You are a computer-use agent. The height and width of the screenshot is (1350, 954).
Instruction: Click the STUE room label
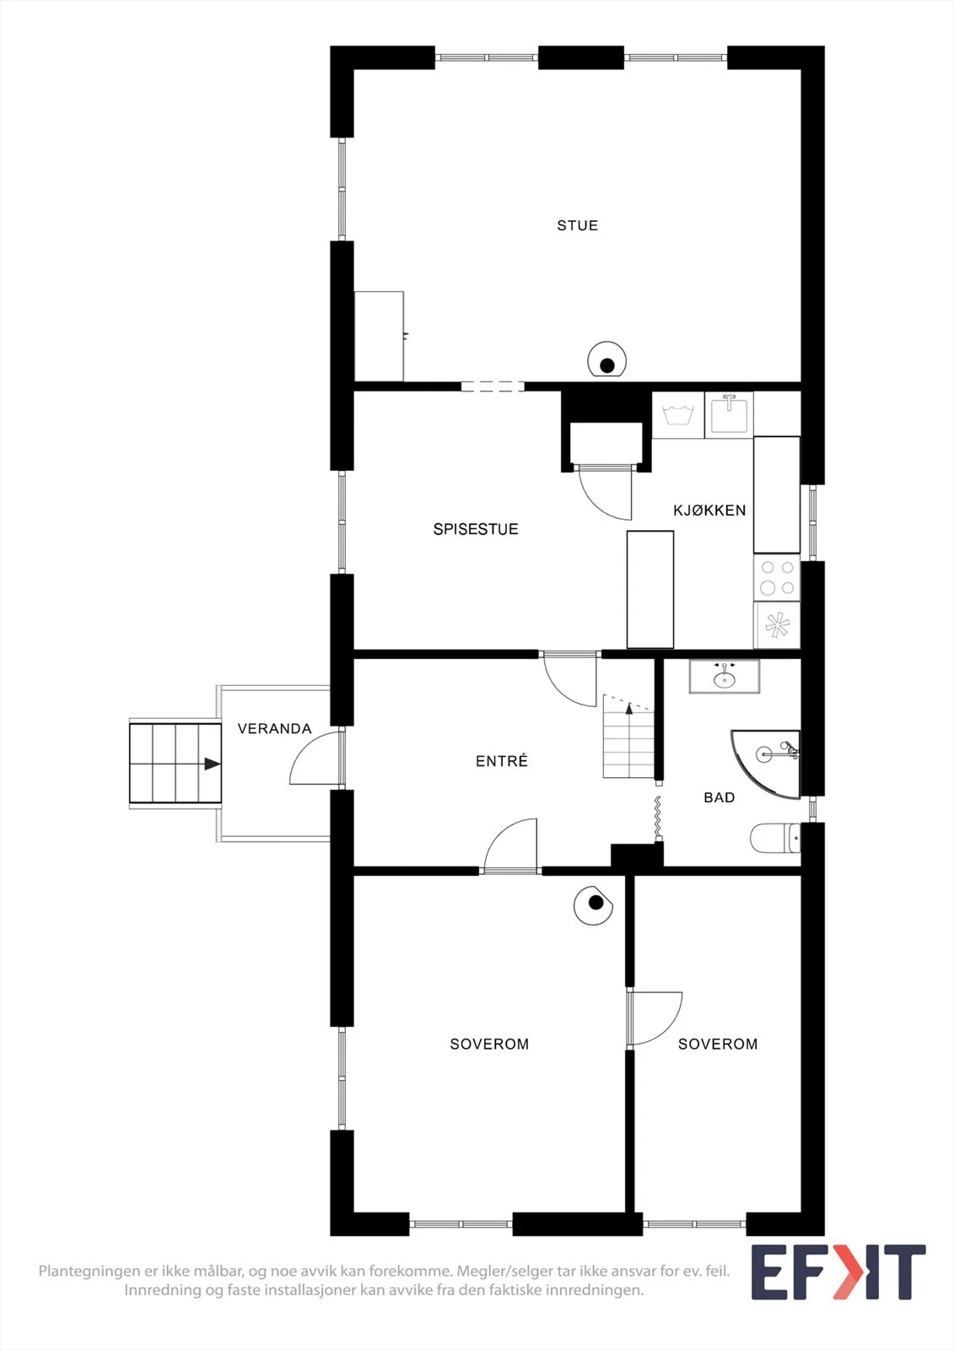coord(577,225)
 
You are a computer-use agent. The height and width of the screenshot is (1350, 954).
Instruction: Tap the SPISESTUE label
coord(476,529)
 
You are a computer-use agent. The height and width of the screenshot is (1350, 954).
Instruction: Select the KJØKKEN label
coord(709,510)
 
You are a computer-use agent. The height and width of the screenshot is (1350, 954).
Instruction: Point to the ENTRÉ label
coord(501,761)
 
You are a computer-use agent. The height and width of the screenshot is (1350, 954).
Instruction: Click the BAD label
coord(719,797)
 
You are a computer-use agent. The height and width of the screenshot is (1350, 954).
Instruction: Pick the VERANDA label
coord(274,729)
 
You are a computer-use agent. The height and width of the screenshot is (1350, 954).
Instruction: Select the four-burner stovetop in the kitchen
coord(777,577)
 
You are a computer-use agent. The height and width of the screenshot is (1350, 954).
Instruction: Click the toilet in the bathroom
coord(775,838)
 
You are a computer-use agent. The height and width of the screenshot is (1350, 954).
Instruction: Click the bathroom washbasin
coord(725,677)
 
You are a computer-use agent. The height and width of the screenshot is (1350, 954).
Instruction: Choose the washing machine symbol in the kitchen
coord(678,414)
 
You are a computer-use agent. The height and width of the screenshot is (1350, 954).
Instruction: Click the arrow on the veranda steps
coord(212,764)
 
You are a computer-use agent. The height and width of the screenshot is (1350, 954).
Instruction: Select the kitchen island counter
coord(650,590)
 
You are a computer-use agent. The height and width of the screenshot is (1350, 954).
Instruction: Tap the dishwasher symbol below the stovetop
coord(777,625)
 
